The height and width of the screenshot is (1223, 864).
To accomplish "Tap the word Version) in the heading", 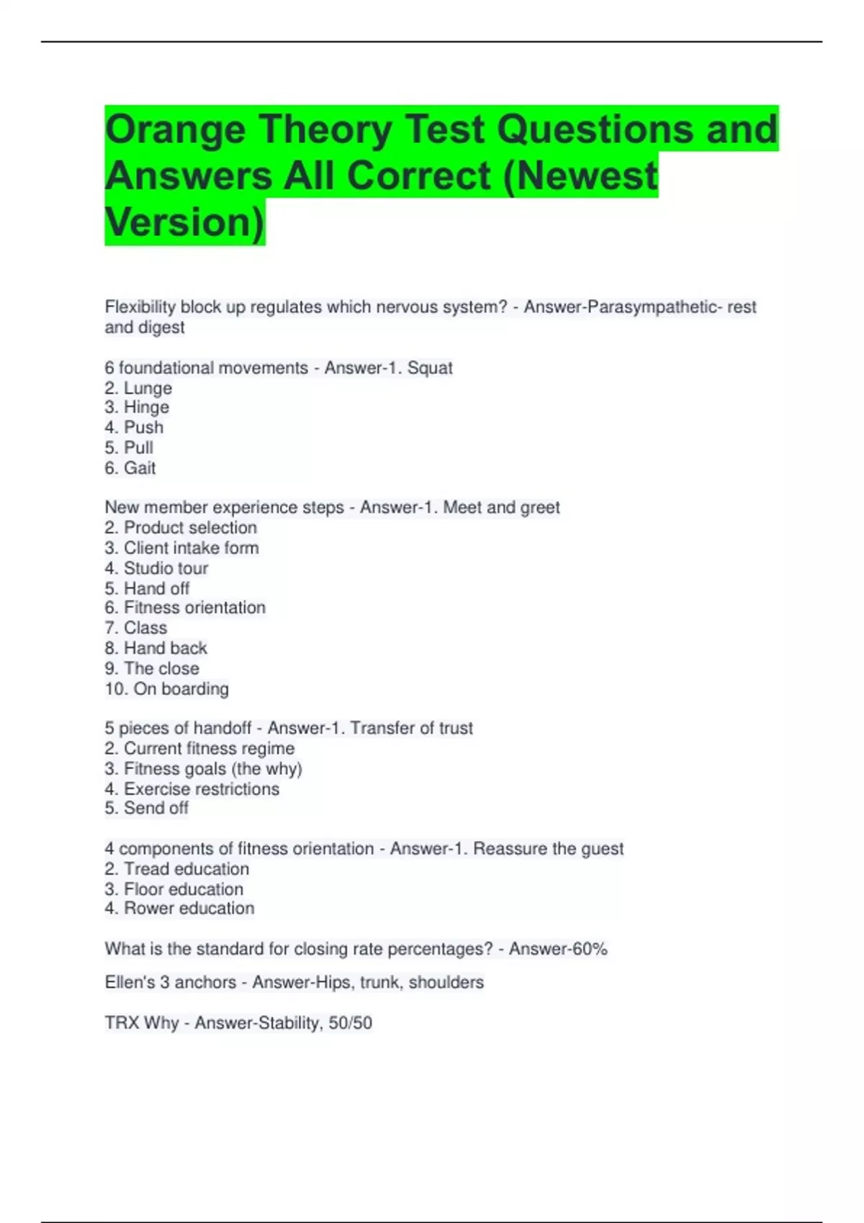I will pos(184,222).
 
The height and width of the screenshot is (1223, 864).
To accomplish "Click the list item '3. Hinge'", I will pos(137,407).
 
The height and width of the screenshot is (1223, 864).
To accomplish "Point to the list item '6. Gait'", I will pos(130,468).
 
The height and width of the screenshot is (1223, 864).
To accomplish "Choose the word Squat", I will pos(430,368).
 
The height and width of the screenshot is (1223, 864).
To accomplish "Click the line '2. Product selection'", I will pos(181,527).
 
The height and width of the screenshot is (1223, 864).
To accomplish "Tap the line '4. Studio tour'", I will pos(156,568).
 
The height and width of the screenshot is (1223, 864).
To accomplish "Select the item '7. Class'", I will pos(136,628).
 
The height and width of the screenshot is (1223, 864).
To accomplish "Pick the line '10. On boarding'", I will pos(167,689).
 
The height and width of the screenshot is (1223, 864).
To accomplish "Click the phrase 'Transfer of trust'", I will pos(411,728).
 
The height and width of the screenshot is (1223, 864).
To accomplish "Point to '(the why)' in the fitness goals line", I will pos(266,769).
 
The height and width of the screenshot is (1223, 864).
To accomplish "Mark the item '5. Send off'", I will pos(146,809).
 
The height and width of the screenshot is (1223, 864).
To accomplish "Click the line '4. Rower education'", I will pos(179,909).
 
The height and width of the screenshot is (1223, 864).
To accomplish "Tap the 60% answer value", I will pos(590,950).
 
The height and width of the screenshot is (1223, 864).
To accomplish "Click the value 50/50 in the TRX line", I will pos(350,1023).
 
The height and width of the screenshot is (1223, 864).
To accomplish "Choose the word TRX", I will pos(122,1023).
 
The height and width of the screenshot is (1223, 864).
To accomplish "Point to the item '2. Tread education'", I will pos(176,869).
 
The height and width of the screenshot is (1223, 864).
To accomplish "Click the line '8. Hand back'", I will pos(156,648).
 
